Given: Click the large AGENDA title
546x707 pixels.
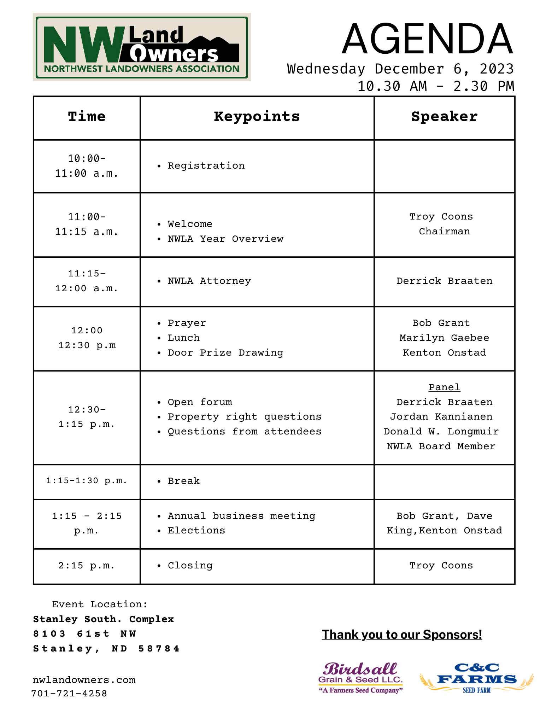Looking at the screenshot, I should [427, 39].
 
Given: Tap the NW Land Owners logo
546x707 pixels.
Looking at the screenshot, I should [142, 47].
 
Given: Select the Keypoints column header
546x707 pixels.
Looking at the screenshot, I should [257, 117].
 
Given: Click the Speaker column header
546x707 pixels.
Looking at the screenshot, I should [444, 117].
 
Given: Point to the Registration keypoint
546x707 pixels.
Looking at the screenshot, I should [206, 166].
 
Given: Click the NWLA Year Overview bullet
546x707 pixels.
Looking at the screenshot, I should [225, 239].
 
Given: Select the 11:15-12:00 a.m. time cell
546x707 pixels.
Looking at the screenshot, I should [87, 281].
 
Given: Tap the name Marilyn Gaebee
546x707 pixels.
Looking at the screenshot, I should [444, 338].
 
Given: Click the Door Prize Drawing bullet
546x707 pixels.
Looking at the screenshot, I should [225, 353].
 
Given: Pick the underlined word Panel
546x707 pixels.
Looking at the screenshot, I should [444, 387].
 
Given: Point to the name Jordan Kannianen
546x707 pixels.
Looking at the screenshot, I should [441, 417].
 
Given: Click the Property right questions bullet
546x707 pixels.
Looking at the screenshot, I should [245, 417].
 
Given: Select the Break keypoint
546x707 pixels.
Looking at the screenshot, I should [184, 481].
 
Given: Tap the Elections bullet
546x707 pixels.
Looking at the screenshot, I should [196, 531].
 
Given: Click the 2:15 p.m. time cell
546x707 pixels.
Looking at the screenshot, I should [87, 566].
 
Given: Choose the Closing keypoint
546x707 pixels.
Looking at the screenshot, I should [190, 566].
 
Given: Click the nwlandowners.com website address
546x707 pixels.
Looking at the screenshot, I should [84, 680].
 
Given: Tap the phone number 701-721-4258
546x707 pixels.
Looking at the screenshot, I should [69, 694].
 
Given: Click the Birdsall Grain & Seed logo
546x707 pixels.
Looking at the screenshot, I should [360, 678].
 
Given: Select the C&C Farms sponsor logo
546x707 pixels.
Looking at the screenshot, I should [477, 678].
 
